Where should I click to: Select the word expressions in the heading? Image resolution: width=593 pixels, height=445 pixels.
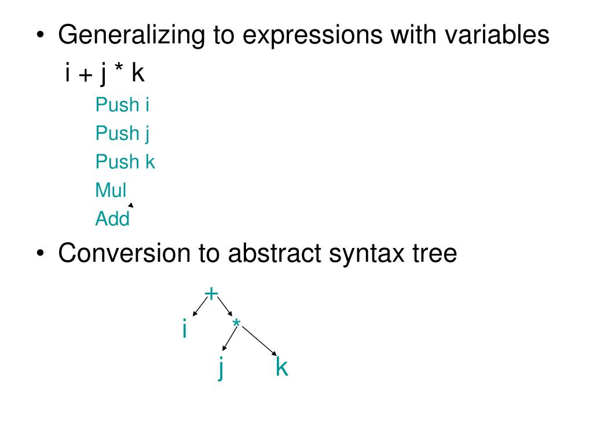312,35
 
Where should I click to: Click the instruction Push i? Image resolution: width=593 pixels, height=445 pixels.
123,105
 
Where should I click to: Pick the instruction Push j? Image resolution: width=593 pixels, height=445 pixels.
123,133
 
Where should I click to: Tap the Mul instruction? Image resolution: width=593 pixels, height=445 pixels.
111,189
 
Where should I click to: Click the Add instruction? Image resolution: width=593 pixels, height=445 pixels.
112,218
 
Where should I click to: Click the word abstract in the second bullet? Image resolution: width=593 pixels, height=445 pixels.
274,254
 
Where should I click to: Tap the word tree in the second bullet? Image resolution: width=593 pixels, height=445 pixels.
435,254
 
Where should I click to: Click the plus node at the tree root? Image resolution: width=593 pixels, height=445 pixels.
211,294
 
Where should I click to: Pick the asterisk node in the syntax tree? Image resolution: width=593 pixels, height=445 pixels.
236,324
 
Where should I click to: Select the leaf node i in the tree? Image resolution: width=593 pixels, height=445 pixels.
184,330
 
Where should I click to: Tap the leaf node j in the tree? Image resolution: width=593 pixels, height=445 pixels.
221,367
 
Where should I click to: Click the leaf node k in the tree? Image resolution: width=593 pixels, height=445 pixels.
282,367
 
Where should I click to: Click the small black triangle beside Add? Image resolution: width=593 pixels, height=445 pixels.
131,205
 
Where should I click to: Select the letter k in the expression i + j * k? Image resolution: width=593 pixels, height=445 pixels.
137,74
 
